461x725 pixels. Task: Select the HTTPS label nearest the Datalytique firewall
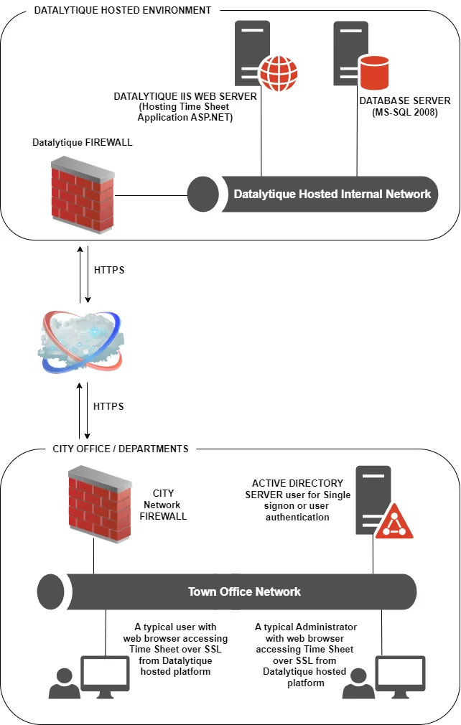coord(108,271)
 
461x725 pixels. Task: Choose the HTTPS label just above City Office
coord(108,406)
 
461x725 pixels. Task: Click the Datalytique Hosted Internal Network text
coord(332,194)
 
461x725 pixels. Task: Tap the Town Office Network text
coord(244,592)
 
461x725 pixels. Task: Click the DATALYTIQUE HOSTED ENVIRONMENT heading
coord(123,11)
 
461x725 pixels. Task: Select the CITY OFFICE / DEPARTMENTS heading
coord(121,449)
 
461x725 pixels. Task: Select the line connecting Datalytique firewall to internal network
coord(151,194)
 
